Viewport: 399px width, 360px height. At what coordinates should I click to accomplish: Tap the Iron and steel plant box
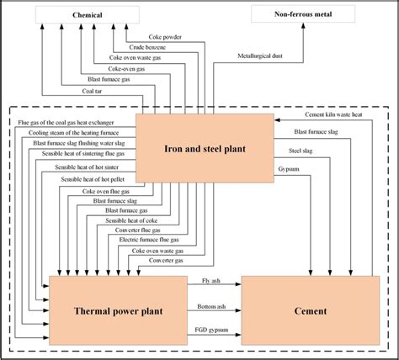[x=201, y=149]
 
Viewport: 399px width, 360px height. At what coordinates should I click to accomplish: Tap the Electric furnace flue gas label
[x=140, y=240]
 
